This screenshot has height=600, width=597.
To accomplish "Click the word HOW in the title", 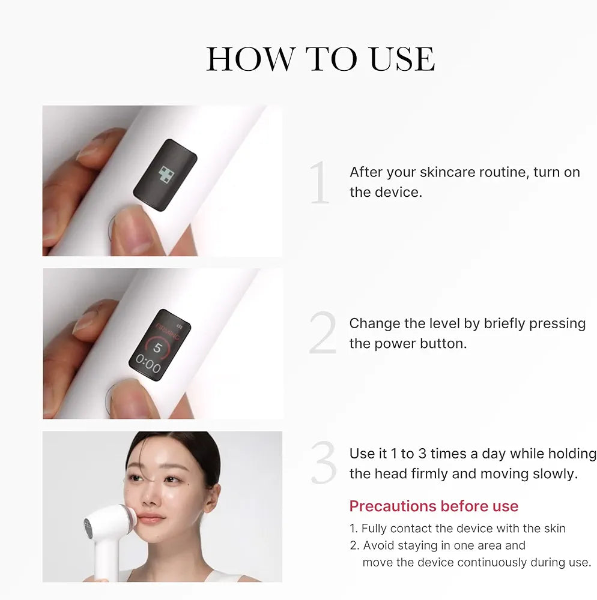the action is (251, 59).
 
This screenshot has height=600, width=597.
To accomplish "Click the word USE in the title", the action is (403, 59).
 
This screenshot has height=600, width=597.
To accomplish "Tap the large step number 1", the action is (320, 182).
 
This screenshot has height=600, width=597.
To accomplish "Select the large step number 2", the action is (323, 332).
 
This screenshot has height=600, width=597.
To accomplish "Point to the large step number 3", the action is (324, 463).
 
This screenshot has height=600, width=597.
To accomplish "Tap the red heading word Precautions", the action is (393, 506).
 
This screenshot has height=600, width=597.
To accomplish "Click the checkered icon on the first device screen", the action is (166, 174).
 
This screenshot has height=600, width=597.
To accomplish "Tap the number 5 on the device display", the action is (157, 348).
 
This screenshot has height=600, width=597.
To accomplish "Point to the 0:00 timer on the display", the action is (148, 364).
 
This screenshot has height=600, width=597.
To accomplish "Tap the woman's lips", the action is (151, 519).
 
